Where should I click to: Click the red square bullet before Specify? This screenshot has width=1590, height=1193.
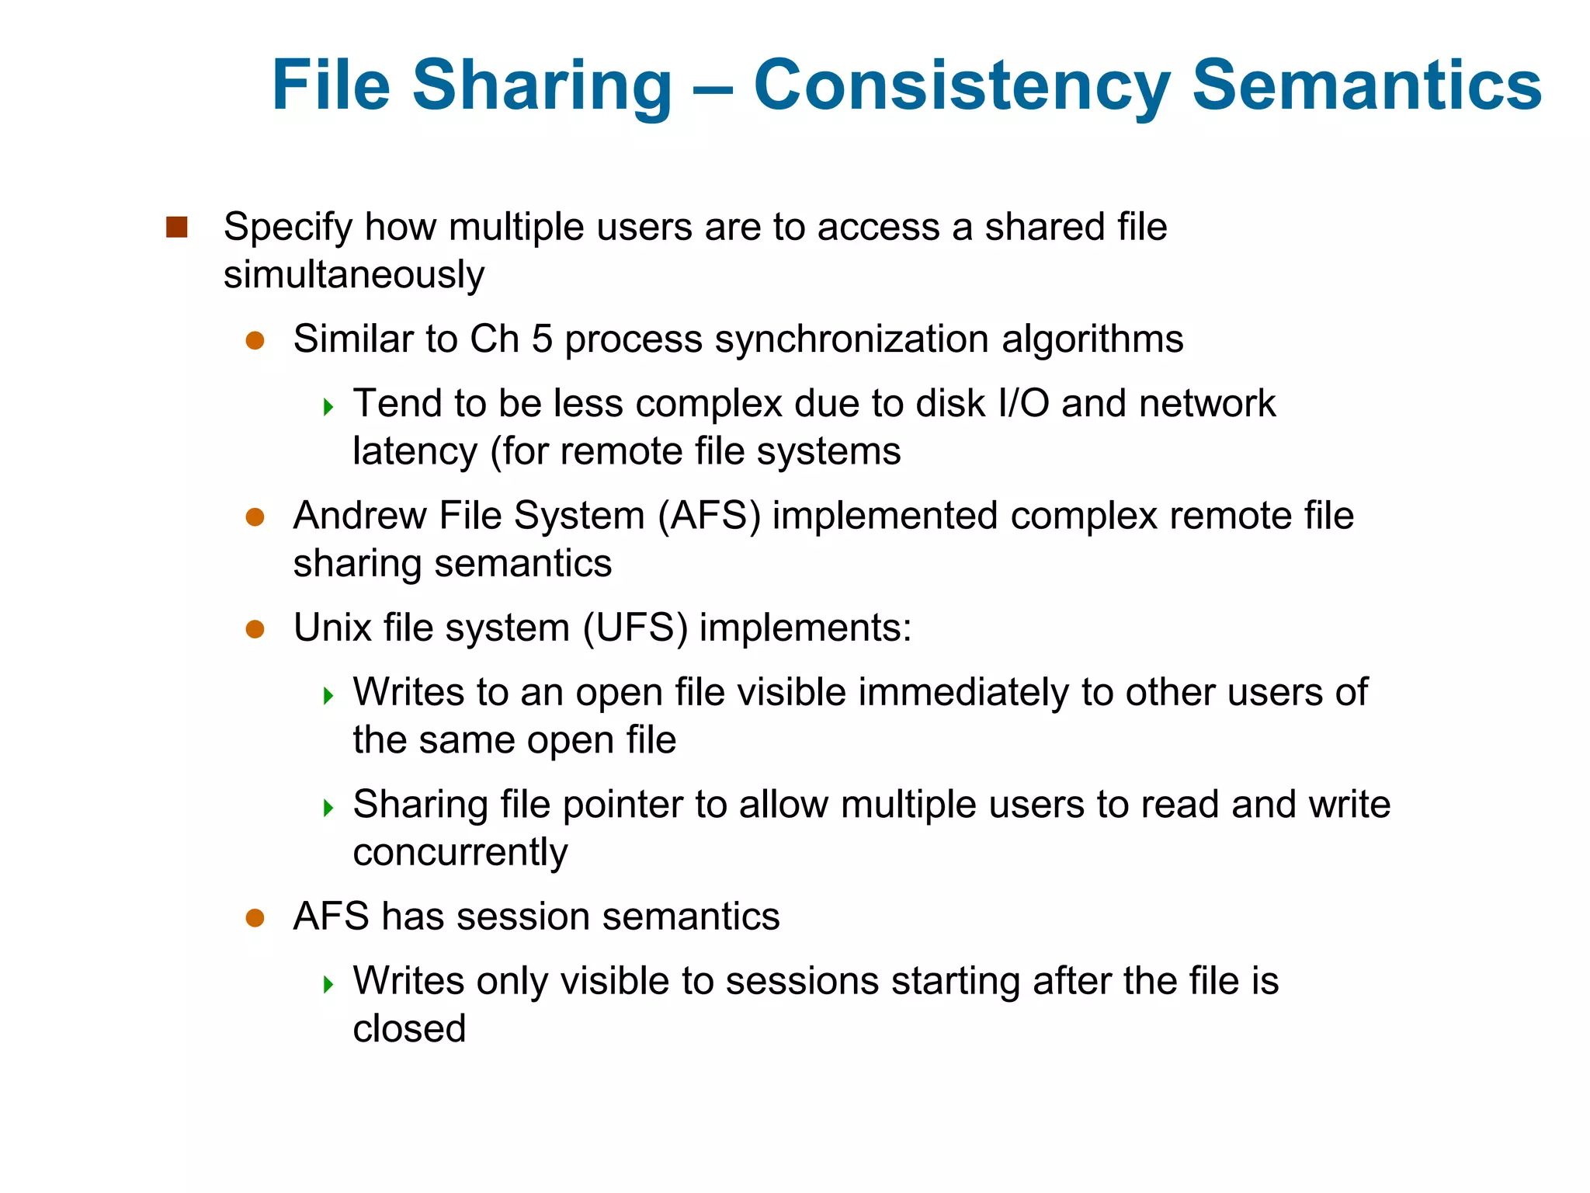pyautogui.click(x=177, y=228)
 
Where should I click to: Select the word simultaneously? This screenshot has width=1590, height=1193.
pyautogui.click(x=354, y=276)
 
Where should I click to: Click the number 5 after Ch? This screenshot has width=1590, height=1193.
pyautogui.click(x=541, y=339)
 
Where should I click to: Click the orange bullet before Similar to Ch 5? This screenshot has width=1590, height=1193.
pyautogui.click(x=255, y=341)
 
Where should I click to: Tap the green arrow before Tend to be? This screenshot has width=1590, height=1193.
pyautogui.click(x=328, y=406)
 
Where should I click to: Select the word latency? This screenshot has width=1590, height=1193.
pyautogui.click(x=415, y=452)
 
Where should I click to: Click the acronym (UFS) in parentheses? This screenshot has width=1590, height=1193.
pyautogui.click(x=635, y=628)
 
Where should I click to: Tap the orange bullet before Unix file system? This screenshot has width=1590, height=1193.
pyautogui.click(x=255, y=629)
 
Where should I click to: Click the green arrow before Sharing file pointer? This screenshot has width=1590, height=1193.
pyautogui.click(x=328, y=808)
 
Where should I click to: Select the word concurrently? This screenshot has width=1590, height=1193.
pyautogui.click(x=460, y=853)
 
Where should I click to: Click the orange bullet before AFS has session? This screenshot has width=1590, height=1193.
pyautogui.click(x=255, y=918)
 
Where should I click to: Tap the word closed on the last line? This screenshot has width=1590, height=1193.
pyautogui.click(x=409, y=1029)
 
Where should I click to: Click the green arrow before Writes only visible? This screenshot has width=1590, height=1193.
pyautogui.click(x=328, y=984)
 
